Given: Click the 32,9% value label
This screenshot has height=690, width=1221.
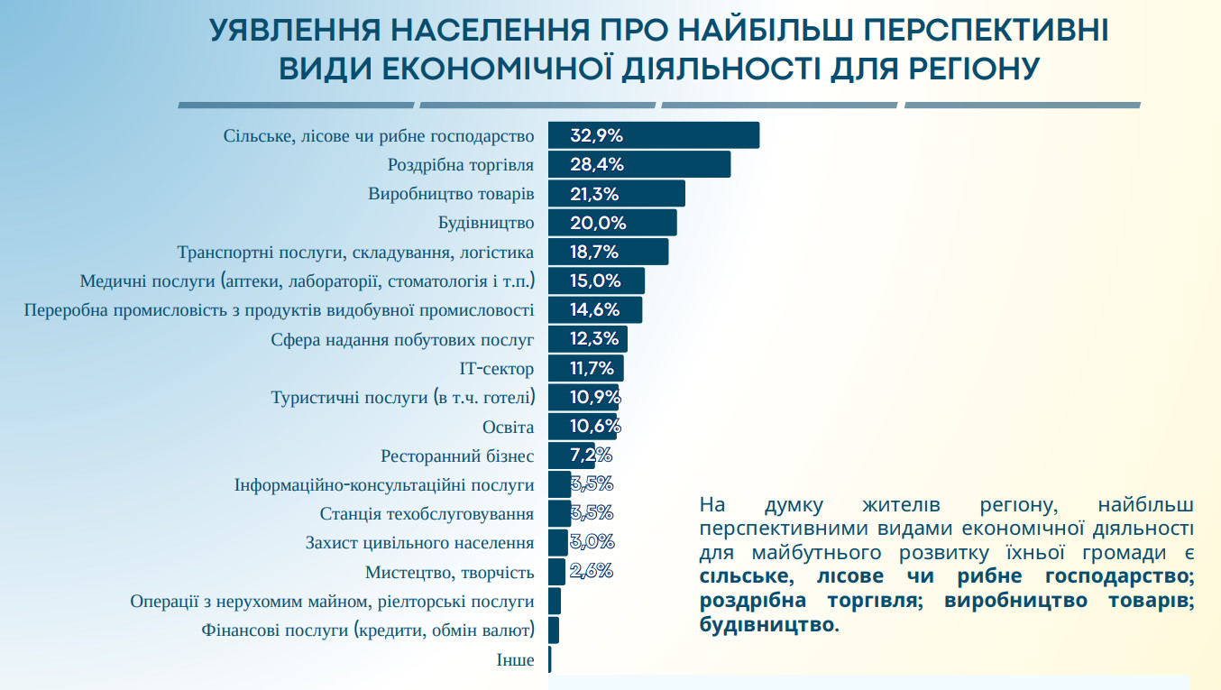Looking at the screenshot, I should point(597,136).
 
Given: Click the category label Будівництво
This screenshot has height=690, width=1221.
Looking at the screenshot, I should point(486,223).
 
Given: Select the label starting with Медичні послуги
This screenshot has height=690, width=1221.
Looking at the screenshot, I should point(307,281).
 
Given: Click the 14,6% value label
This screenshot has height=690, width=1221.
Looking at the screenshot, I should point(594,310).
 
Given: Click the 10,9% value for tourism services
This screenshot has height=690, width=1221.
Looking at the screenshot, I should point(595,397).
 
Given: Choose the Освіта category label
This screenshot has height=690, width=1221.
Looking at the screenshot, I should point(509,427).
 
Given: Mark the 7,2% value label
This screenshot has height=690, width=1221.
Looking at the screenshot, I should point(592,455).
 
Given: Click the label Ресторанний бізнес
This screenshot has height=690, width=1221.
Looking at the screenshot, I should point(457,456).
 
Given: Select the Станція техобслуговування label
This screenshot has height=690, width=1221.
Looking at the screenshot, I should point(427,514).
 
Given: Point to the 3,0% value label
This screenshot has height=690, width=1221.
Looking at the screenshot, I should point(592,542).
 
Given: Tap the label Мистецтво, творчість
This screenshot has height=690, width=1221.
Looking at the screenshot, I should point(449,573).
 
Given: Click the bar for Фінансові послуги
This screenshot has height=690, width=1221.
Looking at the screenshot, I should point(553,630).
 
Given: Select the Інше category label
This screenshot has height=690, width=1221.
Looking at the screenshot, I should point(515,660).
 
